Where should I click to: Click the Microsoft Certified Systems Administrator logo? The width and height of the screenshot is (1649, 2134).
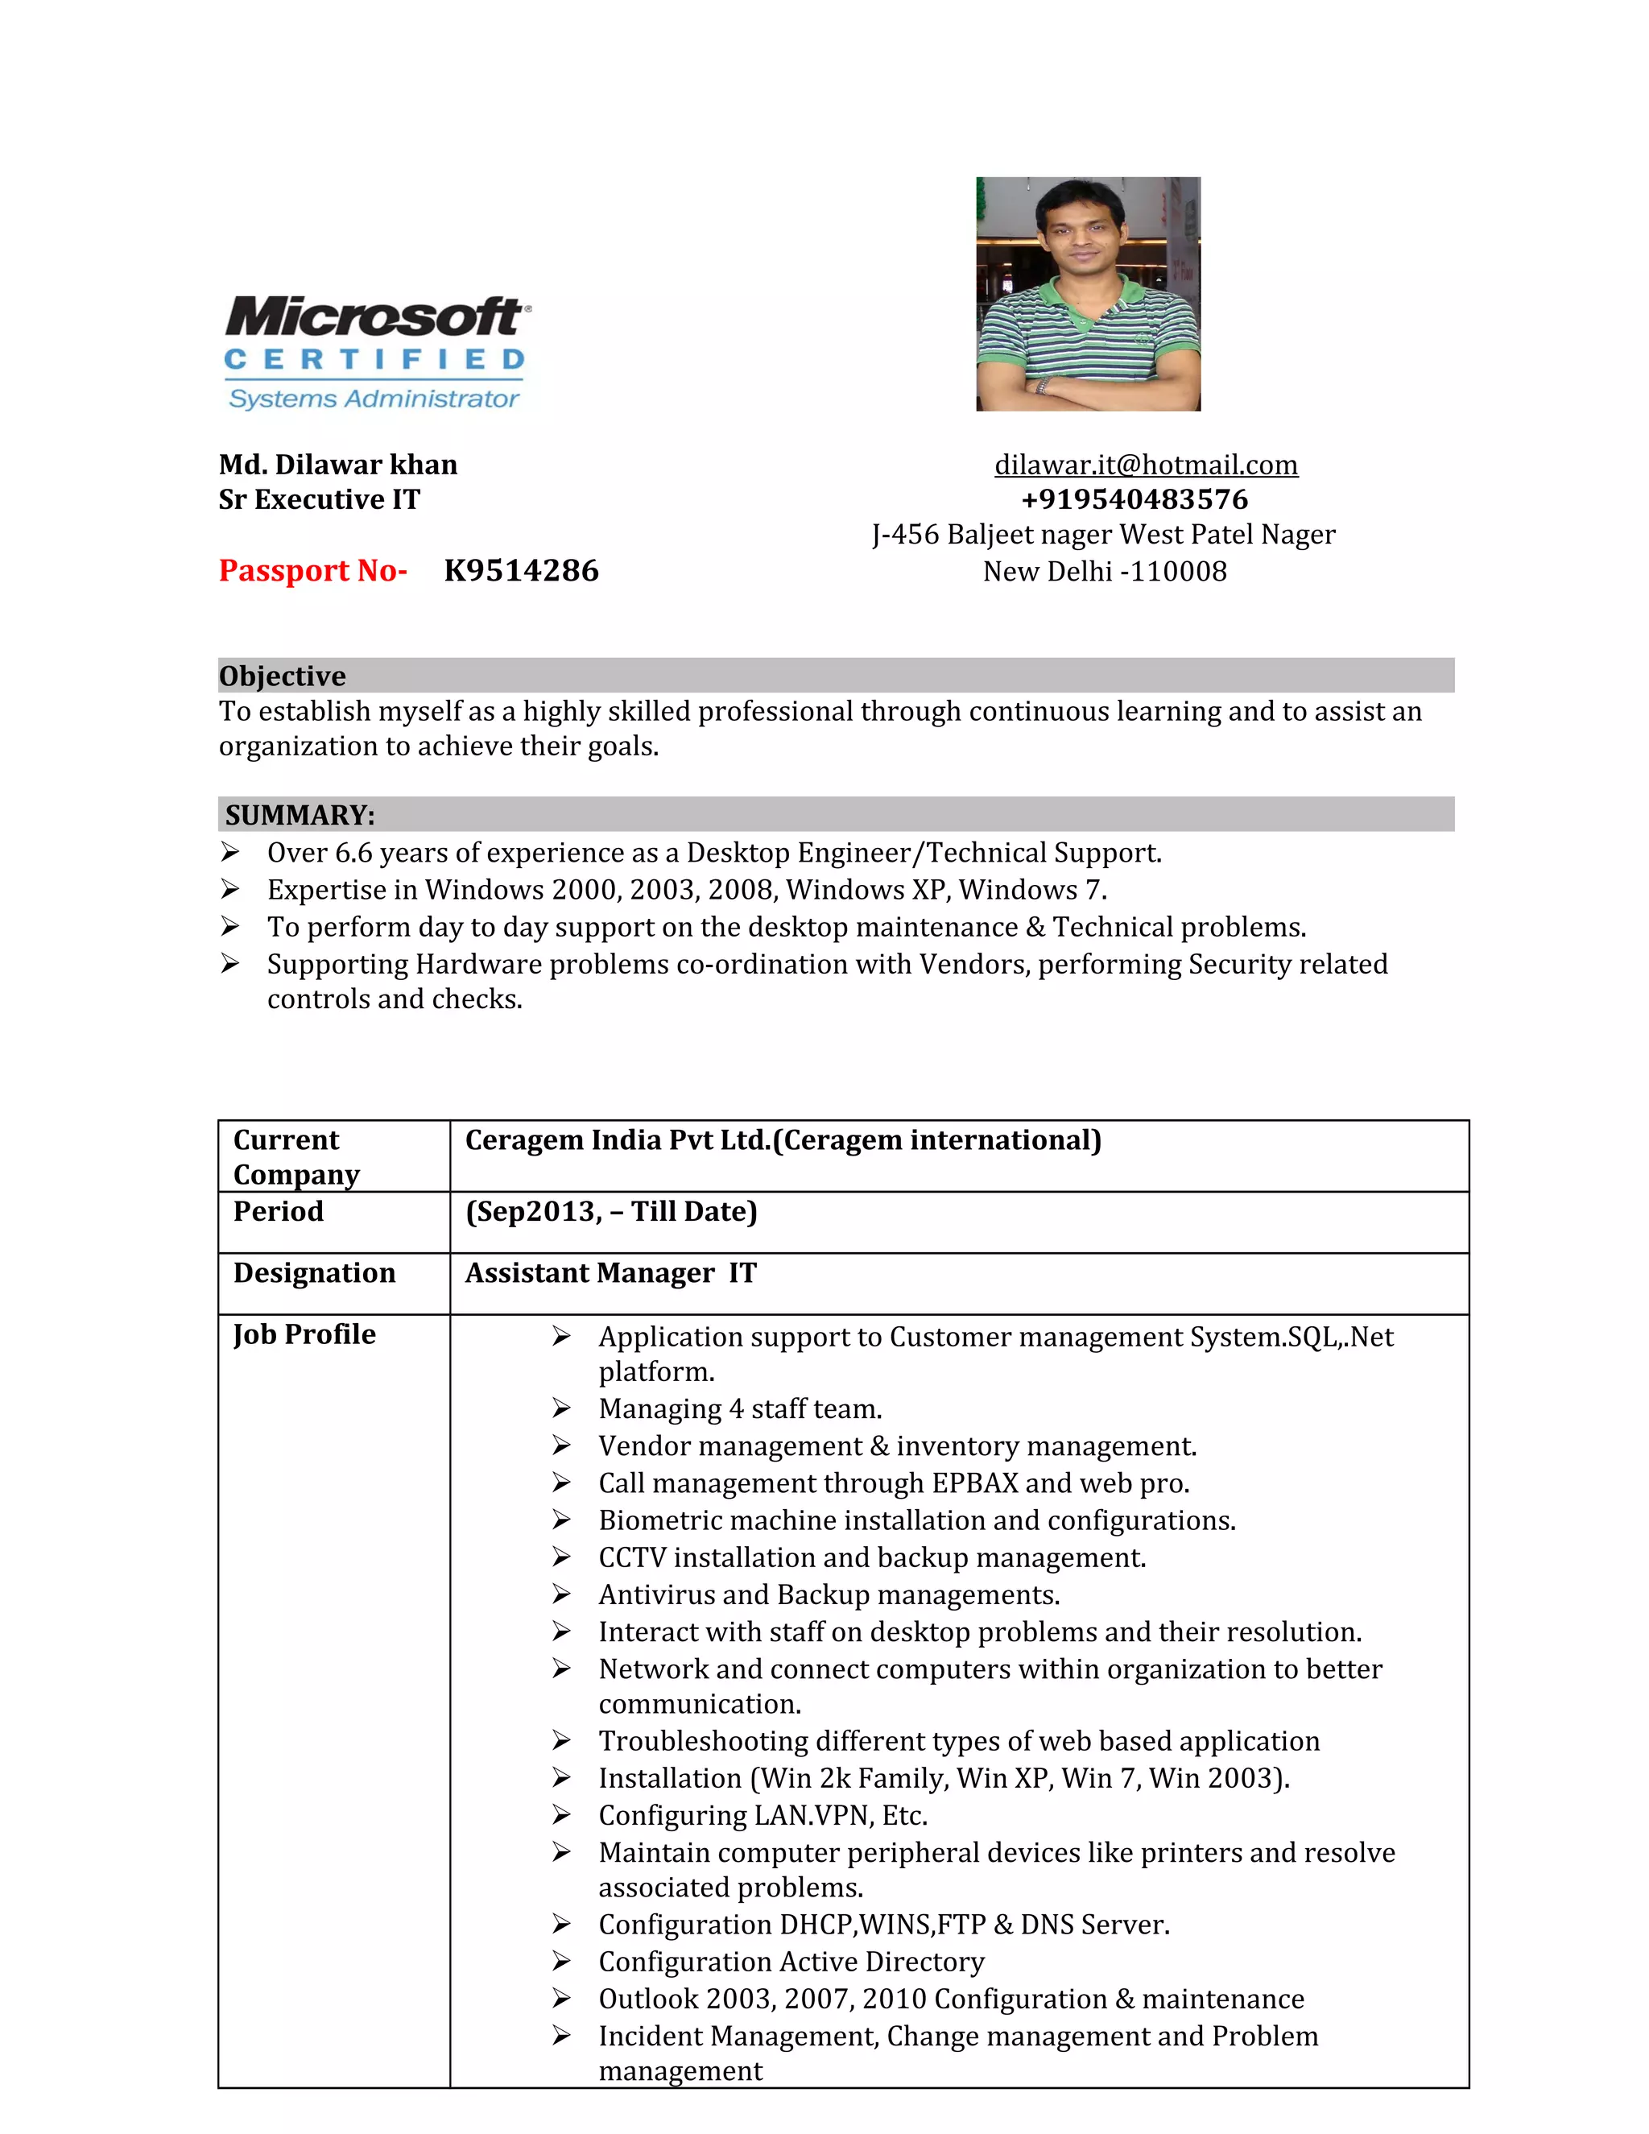tap(377, 354)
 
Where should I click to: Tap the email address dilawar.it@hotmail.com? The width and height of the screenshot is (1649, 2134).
tap(1145, 465)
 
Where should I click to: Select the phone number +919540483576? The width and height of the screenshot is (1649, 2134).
tap(1134, 500)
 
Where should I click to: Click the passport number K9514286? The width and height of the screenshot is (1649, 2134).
tap(521, 571)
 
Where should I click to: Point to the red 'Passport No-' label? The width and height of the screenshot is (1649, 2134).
tap(312, 571)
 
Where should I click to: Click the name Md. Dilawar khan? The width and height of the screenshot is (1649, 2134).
tap(338, 465)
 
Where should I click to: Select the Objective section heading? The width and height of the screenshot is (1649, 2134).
tap(283, 676)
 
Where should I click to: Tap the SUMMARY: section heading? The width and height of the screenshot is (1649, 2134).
tap(300, 815)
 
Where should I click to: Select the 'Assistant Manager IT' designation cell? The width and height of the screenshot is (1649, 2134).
tap(610, 1273)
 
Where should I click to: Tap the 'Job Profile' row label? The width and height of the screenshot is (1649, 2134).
tap(304, 1334)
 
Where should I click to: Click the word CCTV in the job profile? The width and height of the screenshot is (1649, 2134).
tap(631, 1557)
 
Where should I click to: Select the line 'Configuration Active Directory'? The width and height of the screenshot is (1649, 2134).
tap(791, 1962)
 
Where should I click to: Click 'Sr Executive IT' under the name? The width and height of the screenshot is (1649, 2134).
tap(320, 500)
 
